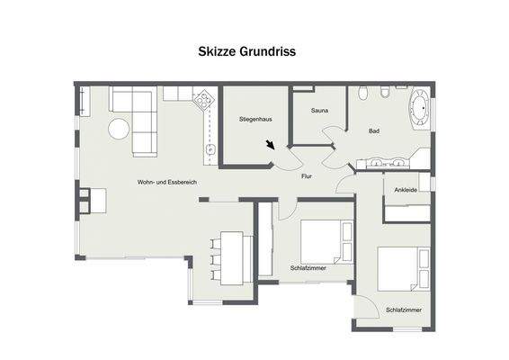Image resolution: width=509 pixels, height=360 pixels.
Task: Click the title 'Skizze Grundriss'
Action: (246, 52)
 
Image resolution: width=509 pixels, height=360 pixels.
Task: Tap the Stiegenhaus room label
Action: (254, 119)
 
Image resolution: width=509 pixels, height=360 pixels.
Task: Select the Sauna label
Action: (319, 111)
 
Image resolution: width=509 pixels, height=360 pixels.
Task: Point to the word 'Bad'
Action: (373, 131)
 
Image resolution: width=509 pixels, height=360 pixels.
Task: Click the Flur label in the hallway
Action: (306, 176)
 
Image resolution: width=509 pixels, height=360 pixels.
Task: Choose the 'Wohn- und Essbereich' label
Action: (166, 183)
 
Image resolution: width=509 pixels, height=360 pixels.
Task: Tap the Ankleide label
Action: (406, 190)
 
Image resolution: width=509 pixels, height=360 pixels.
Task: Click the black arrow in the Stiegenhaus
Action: (271, 145)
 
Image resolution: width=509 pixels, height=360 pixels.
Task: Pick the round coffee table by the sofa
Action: (120, 129)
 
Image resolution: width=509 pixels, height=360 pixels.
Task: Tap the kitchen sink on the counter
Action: (209, 148)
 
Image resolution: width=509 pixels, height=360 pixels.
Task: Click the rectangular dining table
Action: (232, 256)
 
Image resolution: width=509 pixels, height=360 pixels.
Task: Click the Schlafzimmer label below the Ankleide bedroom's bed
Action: (404, 310)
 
